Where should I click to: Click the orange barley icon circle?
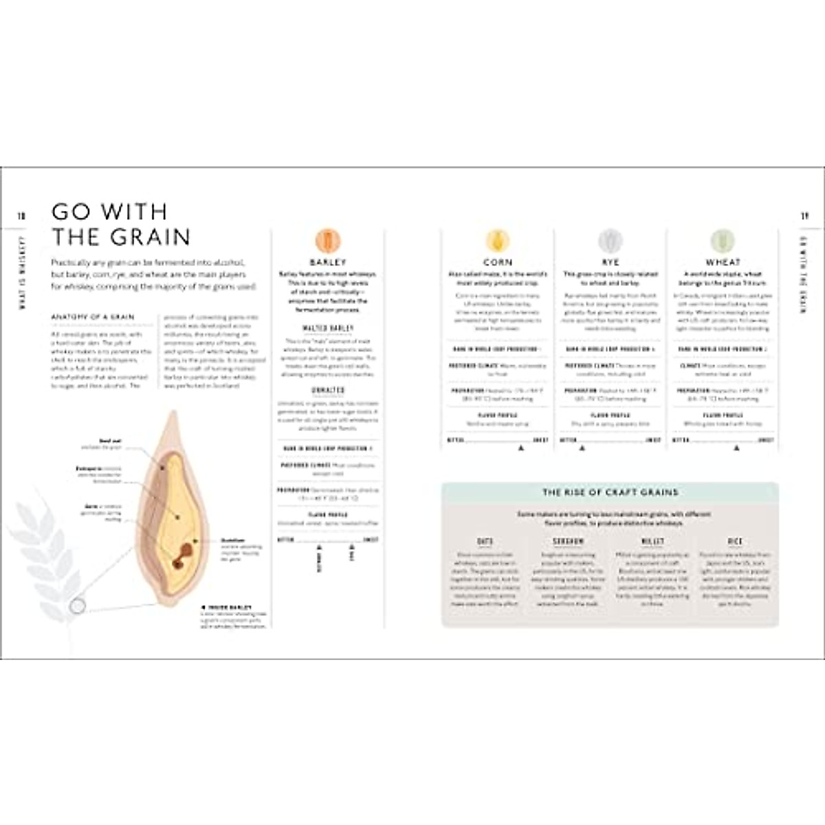[x=328, y=241]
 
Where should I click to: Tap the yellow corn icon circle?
[x=497, y=241]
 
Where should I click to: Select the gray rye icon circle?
[x=610, y=241]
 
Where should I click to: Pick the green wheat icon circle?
[x=723, y=241]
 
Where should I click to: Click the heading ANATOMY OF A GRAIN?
[x=93, y=317]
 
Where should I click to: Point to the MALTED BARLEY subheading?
[x=328, y=329]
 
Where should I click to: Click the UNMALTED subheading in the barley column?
[x=328, y=390]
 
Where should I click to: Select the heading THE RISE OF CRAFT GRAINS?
[x=610, y=492]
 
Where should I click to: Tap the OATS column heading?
[x=485, y=542]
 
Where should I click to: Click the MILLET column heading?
[x=652, y=542]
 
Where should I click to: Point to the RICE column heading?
[x=735, y=542]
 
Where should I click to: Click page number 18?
[x=21, y=216]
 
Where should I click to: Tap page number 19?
[x=804, y=216]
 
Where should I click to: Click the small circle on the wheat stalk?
[x=78, y=606]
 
